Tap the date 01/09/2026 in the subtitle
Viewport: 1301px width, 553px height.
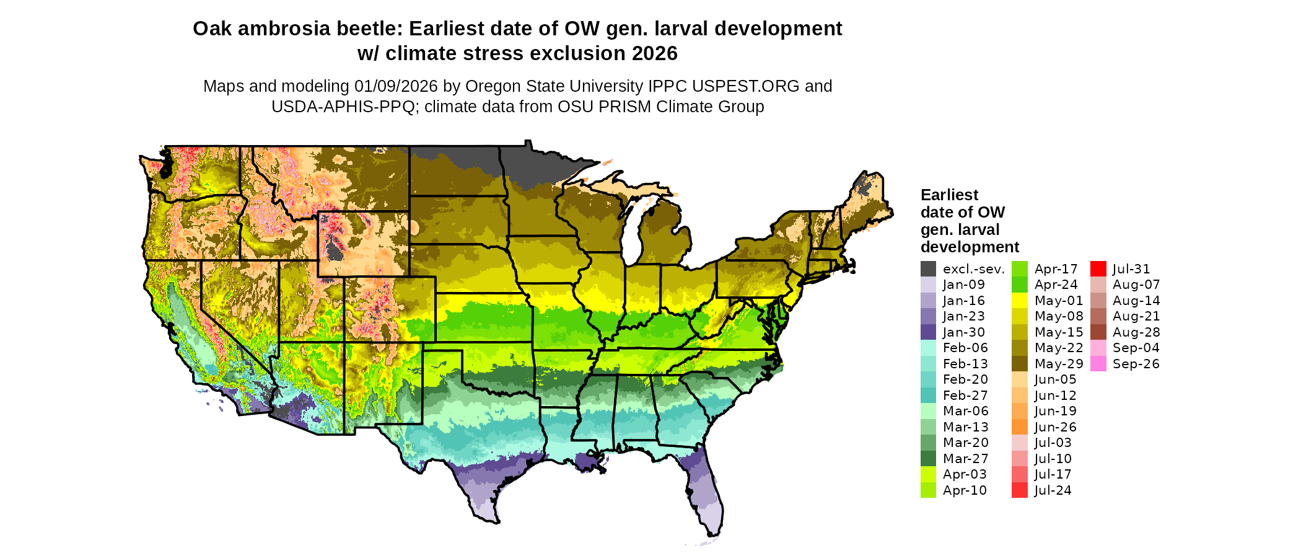point(395,86)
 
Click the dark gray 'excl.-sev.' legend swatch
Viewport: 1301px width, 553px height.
point(928,269)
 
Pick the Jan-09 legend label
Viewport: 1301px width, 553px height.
point(963,285)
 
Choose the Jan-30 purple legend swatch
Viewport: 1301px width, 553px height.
point(928,332)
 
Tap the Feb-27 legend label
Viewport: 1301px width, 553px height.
point(965,396)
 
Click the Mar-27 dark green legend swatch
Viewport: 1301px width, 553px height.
point(928,459)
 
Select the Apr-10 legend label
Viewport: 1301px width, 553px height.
point(965,490)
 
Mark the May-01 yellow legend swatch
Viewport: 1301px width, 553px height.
point(1019,301)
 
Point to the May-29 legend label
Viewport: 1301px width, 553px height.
point(1059,364)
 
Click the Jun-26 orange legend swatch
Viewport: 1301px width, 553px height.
point(1019,427)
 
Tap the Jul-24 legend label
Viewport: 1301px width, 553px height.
point(1053,490)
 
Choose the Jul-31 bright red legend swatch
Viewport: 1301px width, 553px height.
point(1098,269)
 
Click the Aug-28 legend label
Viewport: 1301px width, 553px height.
point(1136,332)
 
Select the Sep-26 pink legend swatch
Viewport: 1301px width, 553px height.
point(1098,364)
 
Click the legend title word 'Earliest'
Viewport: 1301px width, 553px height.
point(949,195)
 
